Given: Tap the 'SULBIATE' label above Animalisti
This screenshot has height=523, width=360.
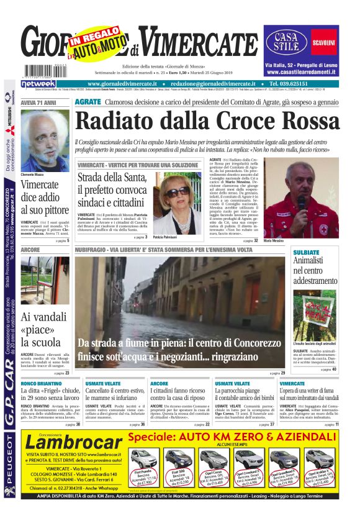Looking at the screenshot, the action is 305,253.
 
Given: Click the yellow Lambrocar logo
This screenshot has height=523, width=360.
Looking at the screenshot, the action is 73,441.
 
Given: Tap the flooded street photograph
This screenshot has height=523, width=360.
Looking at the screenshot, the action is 180,311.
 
